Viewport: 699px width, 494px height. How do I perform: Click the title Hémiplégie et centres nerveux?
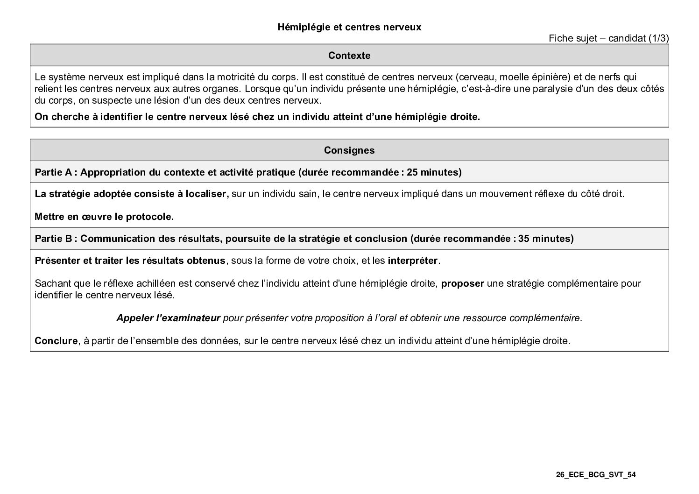point(349,27)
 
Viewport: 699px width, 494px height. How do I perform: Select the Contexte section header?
point(349,56)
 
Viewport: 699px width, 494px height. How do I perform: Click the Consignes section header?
point(349,150)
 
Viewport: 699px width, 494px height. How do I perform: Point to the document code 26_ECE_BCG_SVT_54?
point(596,475)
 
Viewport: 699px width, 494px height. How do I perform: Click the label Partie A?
point(54,172)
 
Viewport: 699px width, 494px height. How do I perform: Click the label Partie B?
point(54,239)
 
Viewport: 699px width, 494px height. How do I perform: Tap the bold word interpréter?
point(413,261)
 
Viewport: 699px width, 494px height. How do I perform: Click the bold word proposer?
point(462,283)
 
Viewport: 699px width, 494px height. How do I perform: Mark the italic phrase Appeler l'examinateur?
point(168,318)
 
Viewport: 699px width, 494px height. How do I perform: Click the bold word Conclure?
point(56,341)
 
